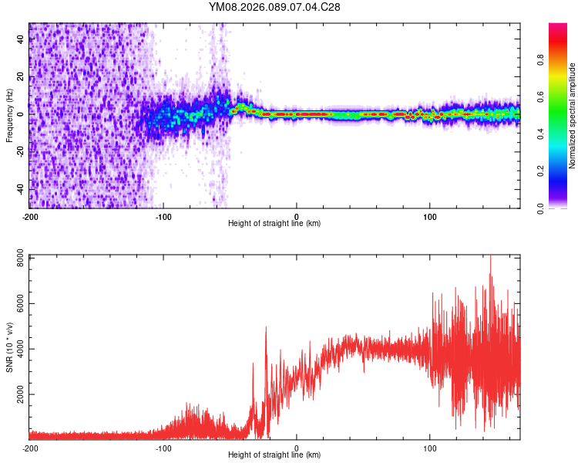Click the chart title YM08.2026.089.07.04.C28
pos(274,7)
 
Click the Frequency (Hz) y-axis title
pos(9,115)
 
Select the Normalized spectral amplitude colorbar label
pos(572,116)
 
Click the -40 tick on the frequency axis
pos(22,189)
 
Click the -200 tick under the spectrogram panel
pos(30,215)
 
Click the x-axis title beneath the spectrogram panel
pos(274,224)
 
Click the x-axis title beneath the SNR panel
pos(274,455)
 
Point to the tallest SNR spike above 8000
pos(490,257)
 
